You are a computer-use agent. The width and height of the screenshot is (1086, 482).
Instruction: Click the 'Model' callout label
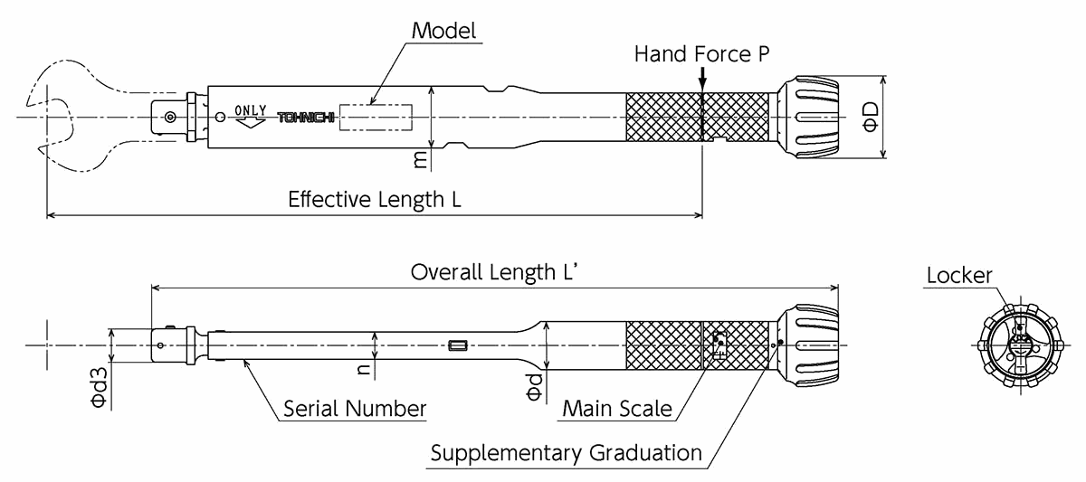coord(443,30)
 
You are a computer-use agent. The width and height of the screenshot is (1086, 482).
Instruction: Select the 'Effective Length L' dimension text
coord(374,199)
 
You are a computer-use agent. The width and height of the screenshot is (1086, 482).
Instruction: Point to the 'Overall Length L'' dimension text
coord(494,271)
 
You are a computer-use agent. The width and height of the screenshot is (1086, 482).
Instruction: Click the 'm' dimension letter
coord(420,159)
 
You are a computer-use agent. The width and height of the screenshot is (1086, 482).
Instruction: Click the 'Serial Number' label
coord(354,408)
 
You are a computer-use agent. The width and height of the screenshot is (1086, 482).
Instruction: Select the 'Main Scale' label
coord(617,408)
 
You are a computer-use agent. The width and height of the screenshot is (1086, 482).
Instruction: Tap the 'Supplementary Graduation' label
coord(566,452)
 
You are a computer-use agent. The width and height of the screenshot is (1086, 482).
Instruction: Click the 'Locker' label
coord(958,276)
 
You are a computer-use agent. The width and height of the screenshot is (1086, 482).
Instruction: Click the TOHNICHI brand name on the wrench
coord(305,118)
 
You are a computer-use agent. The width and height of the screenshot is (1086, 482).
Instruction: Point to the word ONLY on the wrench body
coord(251,110)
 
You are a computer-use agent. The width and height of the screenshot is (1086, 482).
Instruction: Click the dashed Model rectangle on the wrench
coord(376,118)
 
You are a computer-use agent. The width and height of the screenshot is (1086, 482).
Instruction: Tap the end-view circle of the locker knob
coord(1020,344)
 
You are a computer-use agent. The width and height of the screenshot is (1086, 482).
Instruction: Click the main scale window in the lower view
coord(719,344)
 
